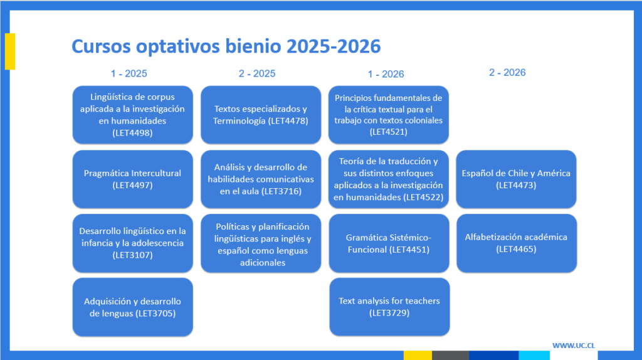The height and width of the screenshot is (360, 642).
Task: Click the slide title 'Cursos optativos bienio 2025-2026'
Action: coord(226,46)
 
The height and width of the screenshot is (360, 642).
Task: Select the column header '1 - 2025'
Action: coord(129,74)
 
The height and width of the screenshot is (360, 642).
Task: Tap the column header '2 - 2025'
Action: coord(257,74)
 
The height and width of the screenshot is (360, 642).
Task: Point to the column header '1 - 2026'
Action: coord(386,74)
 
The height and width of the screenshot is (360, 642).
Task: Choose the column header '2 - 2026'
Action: coord(507,73)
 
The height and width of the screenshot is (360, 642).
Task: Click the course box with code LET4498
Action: coord(133,115)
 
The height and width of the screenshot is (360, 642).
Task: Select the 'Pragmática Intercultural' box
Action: coord(133,179)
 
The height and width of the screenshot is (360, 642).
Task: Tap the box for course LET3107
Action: coord(133,243)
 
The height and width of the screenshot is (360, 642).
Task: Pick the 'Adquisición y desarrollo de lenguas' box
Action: coord(133,307)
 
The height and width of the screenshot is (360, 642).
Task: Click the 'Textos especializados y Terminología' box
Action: coord(261,115)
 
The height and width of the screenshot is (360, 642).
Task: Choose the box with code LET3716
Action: coord(261,179)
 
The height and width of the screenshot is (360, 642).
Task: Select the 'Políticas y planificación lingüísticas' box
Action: coord(261,243)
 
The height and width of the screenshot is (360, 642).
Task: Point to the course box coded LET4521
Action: coord(389,115)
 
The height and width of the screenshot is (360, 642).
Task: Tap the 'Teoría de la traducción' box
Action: coord(389,179)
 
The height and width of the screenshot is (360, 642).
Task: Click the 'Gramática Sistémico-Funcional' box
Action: coord(389,243)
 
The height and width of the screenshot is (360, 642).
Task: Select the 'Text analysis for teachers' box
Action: coord(389,307)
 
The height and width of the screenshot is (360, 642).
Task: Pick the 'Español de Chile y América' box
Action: coord(517,179)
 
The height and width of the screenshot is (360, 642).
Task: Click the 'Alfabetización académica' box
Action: coord(517,243)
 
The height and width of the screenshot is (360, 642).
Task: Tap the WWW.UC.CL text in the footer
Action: coord(574,346)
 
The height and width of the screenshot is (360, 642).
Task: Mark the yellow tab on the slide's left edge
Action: coord(10,51)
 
